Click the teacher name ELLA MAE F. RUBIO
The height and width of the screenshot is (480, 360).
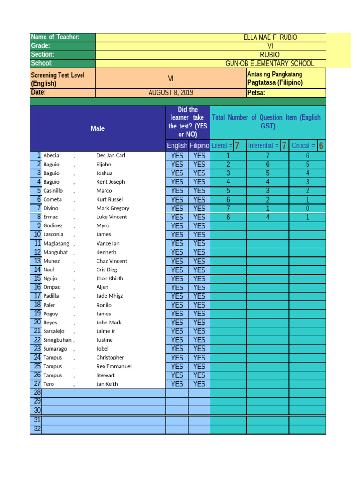click(270, 37)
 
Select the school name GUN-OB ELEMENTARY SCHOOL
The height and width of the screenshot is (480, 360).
click(270, 64)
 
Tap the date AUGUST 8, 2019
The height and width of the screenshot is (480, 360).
click(171, 93)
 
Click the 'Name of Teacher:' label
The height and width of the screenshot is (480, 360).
click(55, 37)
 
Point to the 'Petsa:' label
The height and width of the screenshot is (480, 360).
click(256, 93)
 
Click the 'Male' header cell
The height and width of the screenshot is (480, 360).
click(97, 128)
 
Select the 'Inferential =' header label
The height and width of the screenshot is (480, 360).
click(263, 146)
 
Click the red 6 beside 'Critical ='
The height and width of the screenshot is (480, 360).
click(321, 146)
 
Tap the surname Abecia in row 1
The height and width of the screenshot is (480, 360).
click(51, 155)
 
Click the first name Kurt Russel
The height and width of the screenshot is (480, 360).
click(110, 199)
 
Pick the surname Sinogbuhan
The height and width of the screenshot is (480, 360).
click(57, 340)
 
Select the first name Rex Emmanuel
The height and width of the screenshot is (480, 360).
click(114, 366)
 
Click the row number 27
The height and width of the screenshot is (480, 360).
click(37, 384)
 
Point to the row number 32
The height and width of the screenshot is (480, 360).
click(37, 429)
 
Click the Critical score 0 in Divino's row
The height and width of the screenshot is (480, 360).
click(307, 208)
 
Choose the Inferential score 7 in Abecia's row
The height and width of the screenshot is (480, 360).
click(268, 156)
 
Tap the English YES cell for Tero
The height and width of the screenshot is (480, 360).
click(177, 384)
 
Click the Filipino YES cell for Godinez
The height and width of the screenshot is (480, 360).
click(199, 226)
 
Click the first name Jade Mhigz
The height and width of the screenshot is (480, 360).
click(110, 296)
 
